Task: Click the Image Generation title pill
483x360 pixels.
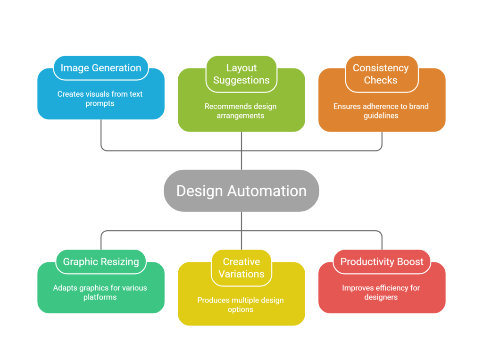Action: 101,68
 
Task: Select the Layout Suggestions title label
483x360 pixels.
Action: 241,74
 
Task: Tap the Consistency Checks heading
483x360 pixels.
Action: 381,74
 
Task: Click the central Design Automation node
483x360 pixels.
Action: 241,191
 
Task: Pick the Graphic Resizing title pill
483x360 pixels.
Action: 101,262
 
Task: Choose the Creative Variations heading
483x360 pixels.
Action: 241,268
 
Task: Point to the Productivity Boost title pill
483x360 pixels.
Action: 382,262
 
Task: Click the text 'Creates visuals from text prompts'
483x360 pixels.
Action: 100,99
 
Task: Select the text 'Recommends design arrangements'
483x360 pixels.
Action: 241,111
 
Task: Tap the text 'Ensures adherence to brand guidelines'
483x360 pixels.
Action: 381,111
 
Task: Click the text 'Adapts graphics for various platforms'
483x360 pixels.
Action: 100,293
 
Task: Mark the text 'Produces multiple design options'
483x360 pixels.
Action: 241,305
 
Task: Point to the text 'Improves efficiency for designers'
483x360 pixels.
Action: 381,293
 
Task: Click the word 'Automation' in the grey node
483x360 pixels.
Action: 267,191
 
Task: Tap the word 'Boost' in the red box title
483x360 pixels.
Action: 410,262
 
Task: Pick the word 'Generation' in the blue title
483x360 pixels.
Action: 117,68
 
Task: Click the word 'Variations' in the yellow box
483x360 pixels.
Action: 241,274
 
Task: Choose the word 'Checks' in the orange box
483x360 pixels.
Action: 381,81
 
